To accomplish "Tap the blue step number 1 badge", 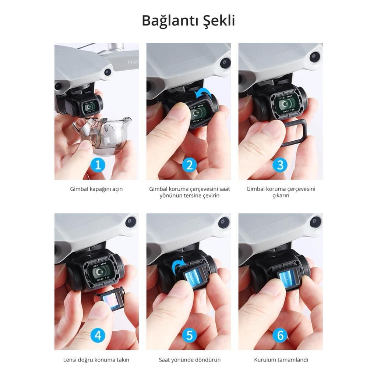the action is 98,165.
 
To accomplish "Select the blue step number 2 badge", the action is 190,165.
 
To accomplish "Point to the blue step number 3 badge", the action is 280,165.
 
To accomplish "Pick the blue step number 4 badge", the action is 98,335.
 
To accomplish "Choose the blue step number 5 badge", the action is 190,335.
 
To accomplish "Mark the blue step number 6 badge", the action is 280,335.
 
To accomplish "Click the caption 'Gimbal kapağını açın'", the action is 96,189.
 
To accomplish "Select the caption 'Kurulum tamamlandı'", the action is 281,360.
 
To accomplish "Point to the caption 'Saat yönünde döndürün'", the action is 190,360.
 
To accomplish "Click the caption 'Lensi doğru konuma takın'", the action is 96,360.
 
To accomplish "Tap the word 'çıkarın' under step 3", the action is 281,196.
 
